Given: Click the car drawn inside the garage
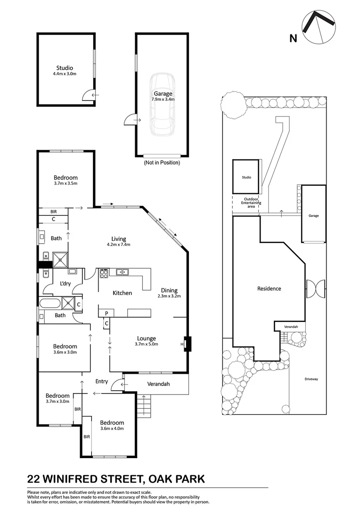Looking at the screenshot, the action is (x=161, y=104).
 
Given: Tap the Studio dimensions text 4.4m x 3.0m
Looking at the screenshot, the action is (x=65, y=74).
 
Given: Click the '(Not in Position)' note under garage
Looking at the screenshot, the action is (x=162, y=163).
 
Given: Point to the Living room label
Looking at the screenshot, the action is (x=118, y=239).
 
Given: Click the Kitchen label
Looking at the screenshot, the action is (x=122, y=293).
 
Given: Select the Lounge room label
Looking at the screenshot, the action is (x=146, y=338).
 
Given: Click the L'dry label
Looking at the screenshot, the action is (x=65, y=284).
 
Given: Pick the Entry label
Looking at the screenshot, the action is (x=101, y=381).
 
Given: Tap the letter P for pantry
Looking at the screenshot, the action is (x=106, y=313).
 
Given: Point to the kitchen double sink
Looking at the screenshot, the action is (x=123, y=271).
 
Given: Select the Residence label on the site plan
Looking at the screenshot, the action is (x=269, y=288).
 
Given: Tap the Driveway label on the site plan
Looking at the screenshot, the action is (x=311, y=379).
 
